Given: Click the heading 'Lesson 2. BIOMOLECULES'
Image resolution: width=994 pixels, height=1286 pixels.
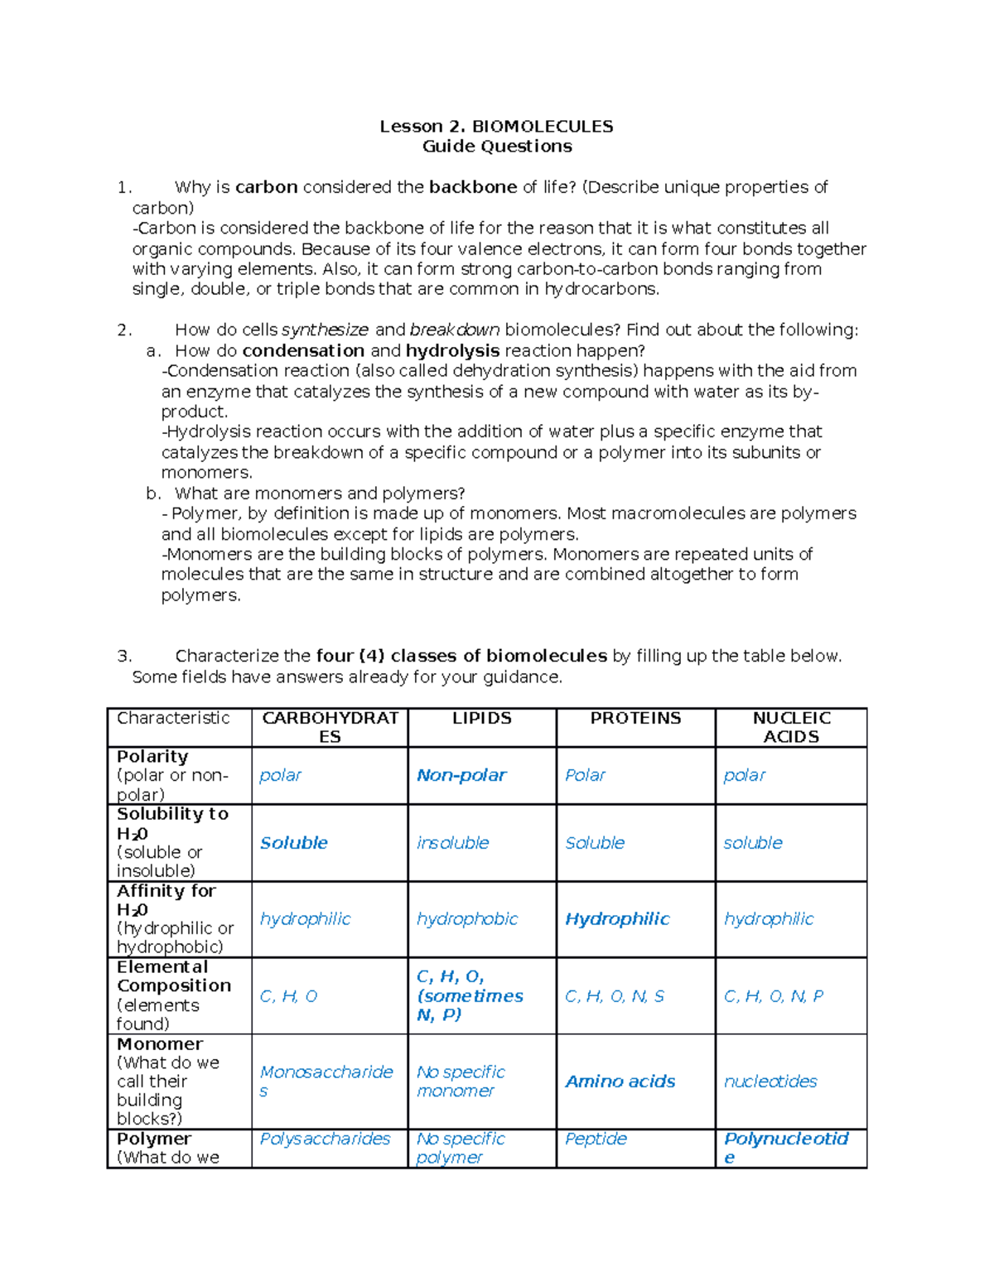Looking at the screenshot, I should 496,127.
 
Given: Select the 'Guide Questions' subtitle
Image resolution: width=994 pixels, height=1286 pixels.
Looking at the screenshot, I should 497,147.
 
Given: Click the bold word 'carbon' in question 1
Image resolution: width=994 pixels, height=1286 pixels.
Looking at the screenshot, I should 266,187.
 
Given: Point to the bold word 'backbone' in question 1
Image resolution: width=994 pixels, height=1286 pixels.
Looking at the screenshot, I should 472,187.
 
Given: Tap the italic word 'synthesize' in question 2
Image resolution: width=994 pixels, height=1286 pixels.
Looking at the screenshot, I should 325,330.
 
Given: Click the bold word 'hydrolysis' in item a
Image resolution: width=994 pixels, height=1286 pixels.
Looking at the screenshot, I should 452,351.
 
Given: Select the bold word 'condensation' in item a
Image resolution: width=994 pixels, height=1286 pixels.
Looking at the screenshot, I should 303,351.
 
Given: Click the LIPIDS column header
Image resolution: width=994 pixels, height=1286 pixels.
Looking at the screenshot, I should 481,719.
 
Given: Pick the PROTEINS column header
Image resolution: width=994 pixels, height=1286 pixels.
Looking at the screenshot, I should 635,719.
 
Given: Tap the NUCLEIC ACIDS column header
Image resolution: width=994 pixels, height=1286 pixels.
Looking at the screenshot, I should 791,727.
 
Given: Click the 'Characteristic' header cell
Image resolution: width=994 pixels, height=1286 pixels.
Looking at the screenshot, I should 173,719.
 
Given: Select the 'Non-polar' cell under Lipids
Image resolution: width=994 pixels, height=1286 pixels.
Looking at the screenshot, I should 461,776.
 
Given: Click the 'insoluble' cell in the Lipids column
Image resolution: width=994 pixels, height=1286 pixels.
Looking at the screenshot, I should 452,843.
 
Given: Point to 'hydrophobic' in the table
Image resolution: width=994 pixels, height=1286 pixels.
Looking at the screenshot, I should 466,919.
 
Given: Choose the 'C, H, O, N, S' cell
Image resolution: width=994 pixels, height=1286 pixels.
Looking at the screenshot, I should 614,996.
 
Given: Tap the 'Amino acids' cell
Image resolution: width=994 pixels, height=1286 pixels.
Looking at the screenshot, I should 620,1081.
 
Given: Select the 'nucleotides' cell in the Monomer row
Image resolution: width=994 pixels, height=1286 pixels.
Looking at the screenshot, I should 770,1081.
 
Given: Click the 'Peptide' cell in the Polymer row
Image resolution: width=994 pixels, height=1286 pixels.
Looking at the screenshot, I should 596,1139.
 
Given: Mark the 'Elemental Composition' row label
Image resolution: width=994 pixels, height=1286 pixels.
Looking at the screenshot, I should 173,977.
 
